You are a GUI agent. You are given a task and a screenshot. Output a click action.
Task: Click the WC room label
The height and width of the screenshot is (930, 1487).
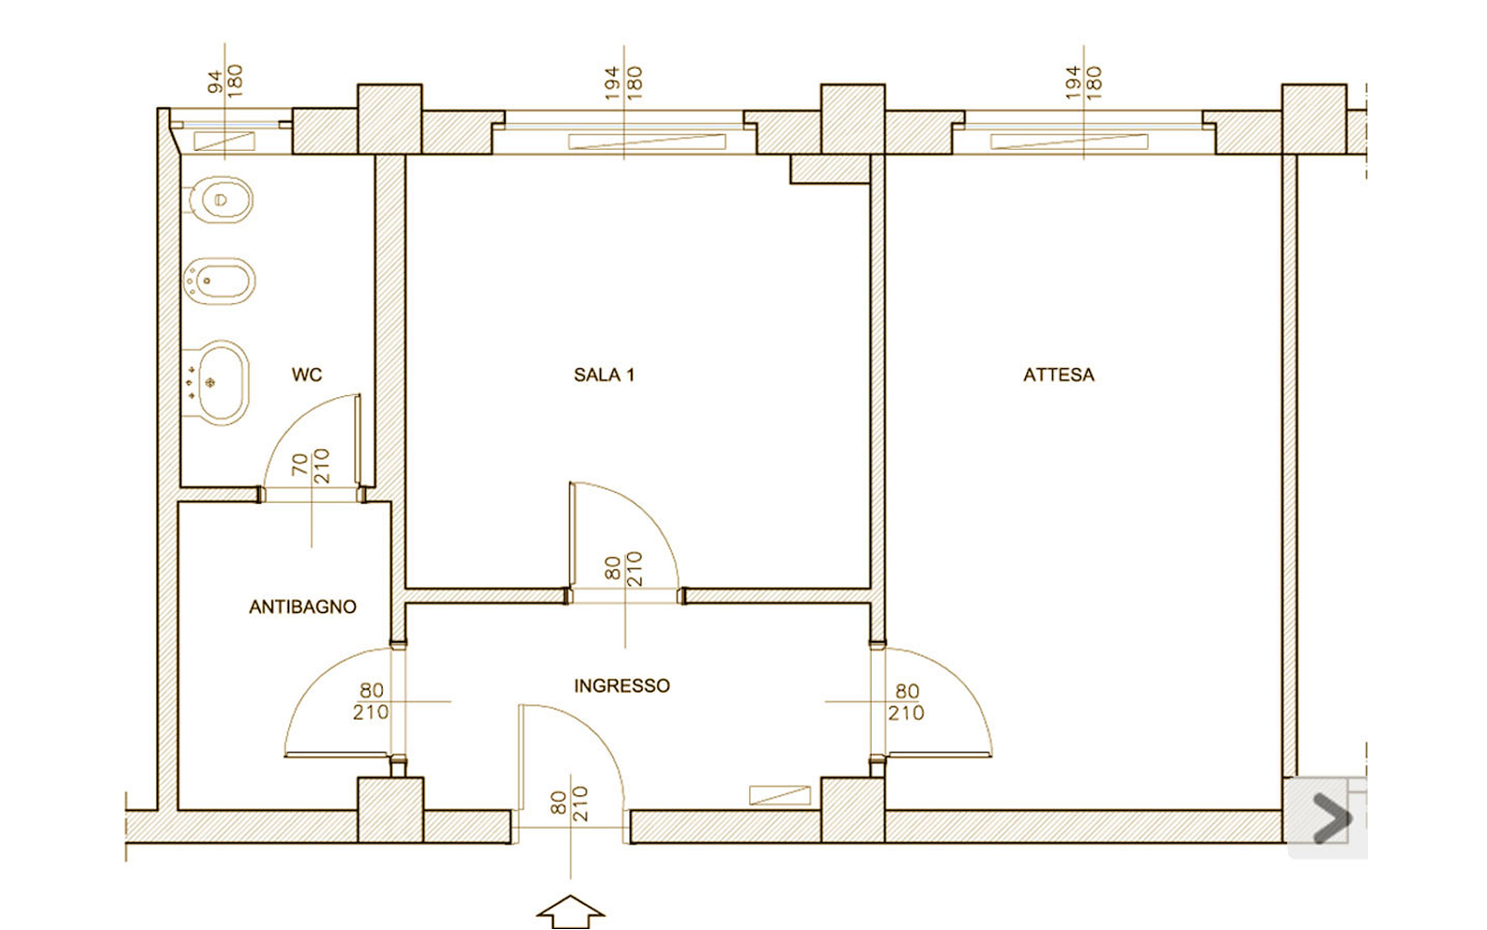[307, 376]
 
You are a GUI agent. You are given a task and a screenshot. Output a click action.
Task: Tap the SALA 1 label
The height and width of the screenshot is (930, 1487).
[604, 376]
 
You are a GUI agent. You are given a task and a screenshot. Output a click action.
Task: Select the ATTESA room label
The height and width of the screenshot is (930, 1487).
[1059, 376]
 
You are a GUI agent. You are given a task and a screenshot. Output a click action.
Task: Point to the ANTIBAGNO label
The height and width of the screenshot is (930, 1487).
[303, 606]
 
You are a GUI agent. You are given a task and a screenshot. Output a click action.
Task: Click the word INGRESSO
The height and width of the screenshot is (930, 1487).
[622, 685]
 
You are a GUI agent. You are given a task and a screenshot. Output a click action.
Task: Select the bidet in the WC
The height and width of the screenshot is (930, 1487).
[219, 281]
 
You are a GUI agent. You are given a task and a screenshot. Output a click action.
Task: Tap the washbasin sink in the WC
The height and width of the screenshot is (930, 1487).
[215, 383]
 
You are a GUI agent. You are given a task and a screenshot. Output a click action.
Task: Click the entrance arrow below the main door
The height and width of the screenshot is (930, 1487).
[571, 912]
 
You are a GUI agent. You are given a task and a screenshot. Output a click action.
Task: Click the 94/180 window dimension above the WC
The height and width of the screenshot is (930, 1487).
[225, 81]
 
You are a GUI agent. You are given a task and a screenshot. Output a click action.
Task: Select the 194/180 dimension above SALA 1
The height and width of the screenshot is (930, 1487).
[624, 83]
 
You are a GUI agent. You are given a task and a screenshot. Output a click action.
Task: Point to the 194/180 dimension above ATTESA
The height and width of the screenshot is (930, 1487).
[1084, 83]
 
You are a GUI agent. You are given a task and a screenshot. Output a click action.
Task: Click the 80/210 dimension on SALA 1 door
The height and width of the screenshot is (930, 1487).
[624, 568]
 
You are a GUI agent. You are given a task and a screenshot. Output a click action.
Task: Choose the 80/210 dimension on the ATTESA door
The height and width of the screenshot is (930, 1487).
[906, 702]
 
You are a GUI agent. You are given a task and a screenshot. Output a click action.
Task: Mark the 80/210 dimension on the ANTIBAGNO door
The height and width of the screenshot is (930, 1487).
[371, 701]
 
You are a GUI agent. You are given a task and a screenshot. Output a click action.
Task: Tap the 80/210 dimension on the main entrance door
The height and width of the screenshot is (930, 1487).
[570, 804]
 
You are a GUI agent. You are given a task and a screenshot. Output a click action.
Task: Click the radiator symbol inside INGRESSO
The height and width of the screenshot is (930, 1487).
[780, 795]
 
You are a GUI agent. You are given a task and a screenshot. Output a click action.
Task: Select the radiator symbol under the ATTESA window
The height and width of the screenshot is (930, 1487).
[1069, 141]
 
